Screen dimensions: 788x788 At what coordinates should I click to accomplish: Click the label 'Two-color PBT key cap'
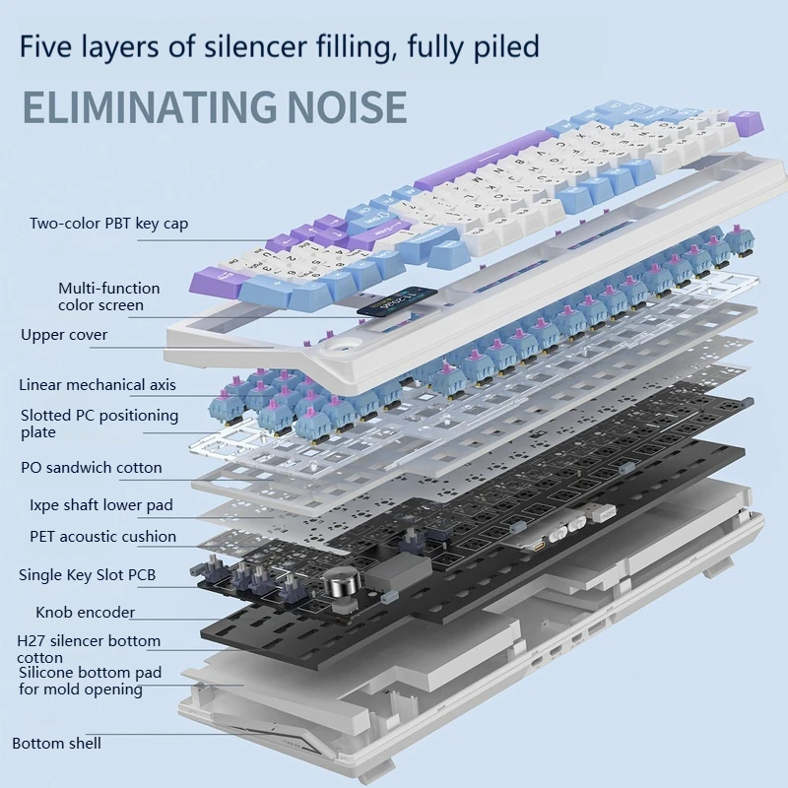pos(108,224)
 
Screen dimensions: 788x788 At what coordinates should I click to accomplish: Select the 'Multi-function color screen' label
pos(108,296)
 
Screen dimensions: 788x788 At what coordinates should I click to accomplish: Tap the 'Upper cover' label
pos(64,335)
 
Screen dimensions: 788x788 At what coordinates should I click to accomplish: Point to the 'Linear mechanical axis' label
pos(98,385)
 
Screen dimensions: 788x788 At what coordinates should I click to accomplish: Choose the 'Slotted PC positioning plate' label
pos(99,424)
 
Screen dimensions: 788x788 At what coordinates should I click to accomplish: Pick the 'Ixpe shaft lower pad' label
pos(100,505)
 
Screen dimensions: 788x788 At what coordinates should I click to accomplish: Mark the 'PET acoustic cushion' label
pos(102,537)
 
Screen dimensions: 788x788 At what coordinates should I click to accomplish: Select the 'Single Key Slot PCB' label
pos(87,574)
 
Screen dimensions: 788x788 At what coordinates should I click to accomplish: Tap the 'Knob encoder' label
pos(86,613)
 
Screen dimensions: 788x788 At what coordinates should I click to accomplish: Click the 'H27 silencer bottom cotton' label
pos(89,648)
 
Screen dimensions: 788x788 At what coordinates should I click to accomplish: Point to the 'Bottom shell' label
pos(56,743)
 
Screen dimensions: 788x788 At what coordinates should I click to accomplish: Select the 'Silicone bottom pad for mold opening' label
pos(90,681)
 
